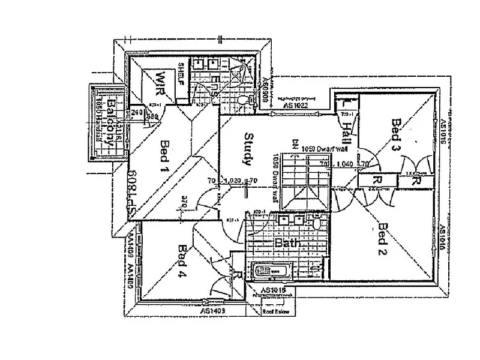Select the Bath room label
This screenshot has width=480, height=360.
(287, 244)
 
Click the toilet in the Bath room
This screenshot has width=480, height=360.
(316, 223)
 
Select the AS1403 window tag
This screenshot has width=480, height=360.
(212, 311)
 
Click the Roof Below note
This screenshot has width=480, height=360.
(277, 312)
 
